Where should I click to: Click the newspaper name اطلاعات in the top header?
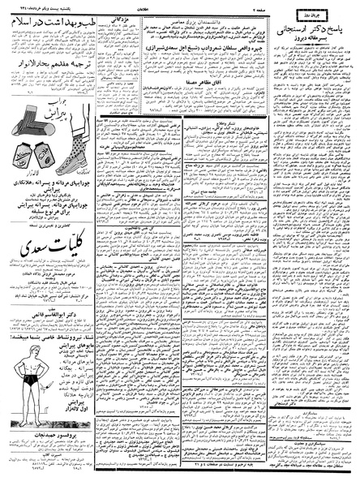click(x=180, y=6)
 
